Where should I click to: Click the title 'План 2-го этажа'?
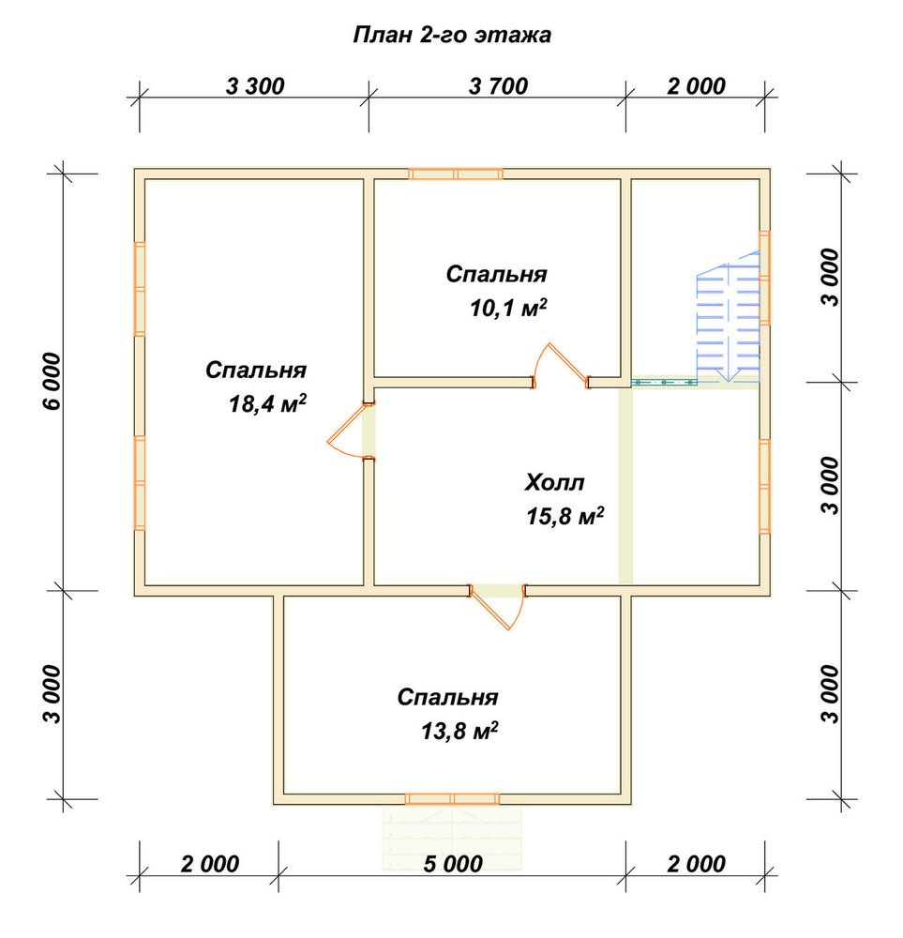click(452, 36)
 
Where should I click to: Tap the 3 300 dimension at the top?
click(255, 86)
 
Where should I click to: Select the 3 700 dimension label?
click(498, 86)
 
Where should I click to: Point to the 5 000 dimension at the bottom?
click(453, 864)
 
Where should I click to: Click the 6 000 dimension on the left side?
click(53, 381)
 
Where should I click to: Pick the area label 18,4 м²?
click(267, 403)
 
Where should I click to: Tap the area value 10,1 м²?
click(508, 308)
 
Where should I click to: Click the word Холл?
click(554, 482)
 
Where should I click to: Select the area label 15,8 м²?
click(565, 516)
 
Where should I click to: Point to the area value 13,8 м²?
click(459, 731)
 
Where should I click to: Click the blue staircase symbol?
click(729, 322)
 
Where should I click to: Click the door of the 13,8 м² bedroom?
click(498, 606)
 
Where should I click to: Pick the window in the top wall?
click(456, 174)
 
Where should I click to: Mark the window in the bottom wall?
click(452, 798)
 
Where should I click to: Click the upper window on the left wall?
click(140, 289)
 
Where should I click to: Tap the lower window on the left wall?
click(140, 483)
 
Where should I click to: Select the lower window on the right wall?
click(764, 486)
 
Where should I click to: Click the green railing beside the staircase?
click(665, 382)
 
